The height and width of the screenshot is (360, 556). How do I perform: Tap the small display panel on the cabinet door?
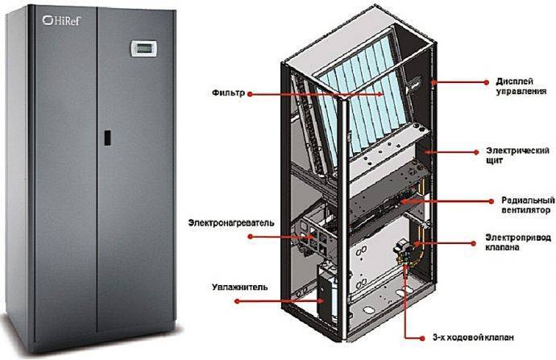[x=141, y=49]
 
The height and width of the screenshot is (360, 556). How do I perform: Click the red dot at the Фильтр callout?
[x=251, y=95]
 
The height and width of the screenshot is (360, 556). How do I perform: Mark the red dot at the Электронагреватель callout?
[x=251, y=237]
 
